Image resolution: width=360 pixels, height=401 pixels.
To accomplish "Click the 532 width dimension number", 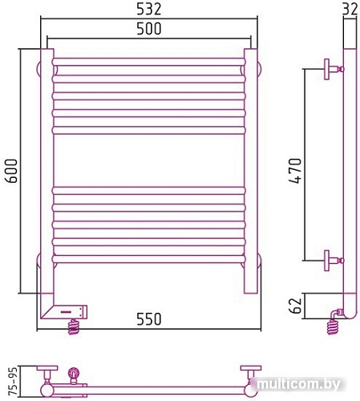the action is click(x=149, y=9).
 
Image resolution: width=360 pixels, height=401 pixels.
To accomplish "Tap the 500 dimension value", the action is click(x=149, y=29).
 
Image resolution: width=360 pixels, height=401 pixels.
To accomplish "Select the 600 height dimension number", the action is click(x=11, y=171).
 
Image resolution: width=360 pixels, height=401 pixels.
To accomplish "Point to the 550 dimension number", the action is click(x=149, y=319).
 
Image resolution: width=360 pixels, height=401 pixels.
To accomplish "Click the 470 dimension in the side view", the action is click(x=295, y=171).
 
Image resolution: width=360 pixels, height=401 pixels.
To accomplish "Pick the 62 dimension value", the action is click(x=295, y=306).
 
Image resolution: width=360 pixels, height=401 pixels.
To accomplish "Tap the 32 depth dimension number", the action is click(x=350, y=9).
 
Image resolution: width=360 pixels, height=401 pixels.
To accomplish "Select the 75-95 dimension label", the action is click(x=13, y=381).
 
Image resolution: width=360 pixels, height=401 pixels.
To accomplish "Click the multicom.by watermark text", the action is click(x=298, y=385).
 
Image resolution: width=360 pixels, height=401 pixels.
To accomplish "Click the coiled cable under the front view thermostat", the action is click(x=74, y=327).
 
